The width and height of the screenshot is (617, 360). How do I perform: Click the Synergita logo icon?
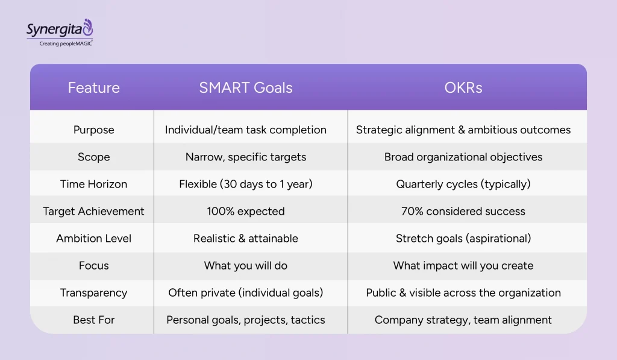[x=88, y=27]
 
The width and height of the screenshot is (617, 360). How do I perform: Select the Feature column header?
[x=93, y=87]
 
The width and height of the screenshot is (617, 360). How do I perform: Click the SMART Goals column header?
[x=246, y=87]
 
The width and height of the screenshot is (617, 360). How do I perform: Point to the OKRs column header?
[x=463, y=87]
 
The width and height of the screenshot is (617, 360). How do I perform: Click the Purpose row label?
[x=93, y=130]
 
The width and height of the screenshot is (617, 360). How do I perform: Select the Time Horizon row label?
[x=93, y=184]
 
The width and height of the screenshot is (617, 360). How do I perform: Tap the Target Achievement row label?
[x=93, y=211]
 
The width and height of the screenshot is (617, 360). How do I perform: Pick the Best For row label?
[x=93, y=320]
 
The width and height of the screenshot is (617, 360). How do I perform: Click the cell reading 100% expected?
[x=246, y=211]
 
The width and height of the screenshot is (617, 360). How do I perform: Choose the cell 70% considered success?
[x=463, y=211]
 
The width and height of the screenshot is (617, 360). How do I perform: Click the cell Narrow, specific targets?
[x=246, y=157]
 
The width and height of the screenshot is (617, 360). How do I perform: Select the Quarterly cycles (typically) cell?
[x=463, y=184]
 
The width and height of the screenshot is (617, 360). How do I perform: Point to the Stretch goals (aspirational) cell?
[x=463, y=238]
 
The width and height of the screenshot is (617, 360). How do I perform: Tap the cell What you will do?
[x=246, y=265]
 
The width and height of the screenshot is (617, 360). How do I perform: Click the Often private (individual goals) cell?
[x=246, y=292]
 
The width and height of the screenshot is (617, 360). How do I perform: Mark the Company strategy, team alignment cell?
[x=463, y=320]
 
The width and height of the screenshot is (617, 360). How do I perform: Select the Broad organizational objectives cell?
[x=463, y=157]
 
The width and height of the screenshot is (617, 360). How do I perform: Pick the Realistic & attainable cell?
[x=246, y=238]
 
